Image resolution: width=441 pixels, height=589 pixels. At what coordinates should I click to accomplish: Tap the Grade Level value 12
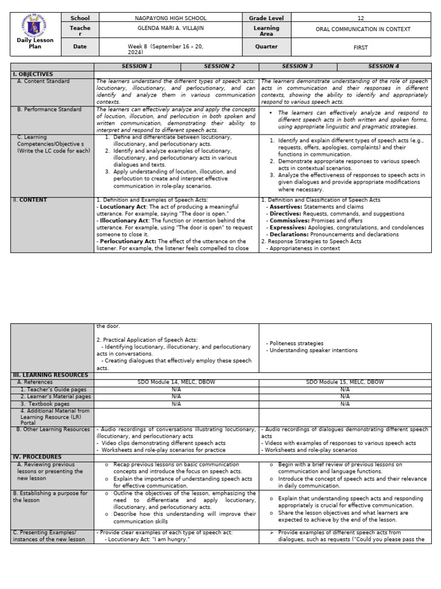click(361, 18)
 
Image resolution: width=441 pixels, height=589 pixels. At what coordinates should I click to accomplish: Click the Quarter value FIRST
click(361, 47)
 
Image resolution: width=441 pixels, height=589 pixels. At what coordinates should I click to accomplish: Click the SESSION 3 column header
click(297, 67)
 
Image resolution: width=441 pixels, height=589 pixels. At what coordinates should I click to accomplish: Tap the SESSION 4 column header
click(384, 67)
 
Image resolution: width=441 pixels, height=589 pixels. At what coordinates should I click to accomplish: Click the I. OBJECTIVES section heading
click(33, 74)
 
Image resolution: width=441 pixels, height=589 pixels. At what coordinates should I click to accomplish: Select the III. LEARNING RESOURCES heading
click(51, 375)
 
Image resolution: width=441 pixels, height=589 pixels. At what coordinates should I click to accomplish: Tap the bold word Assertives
click(285, 207)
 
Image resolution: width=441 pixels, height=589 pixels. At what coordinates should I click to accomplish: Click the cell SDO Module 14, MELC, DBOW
click(176, 382)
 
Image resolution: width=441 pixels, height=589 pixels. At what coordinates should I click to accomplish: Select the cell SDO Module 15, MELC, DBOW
click(345, 382)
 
